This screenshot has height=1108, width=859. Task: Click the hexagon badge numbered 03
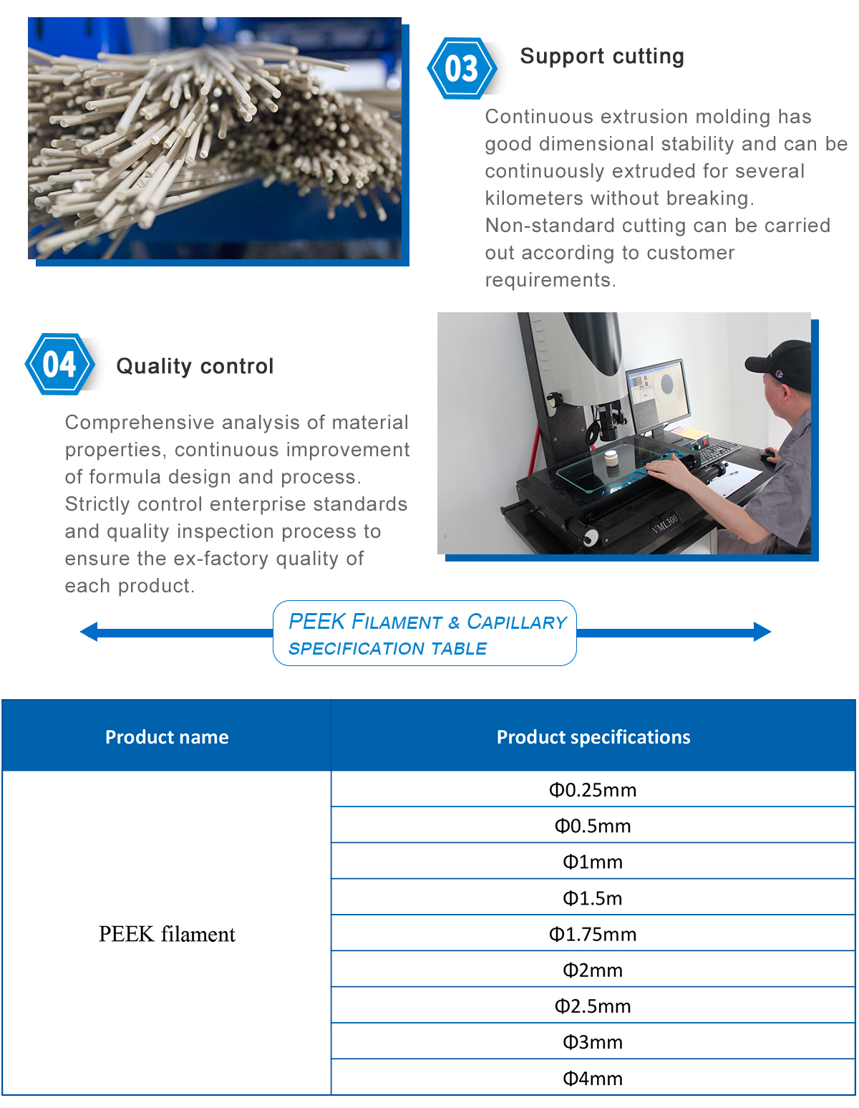click(462, 69)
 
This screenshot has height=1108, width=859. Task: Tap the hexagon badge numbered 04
click(59, 364)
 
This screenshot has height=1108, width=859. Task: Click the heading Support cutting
click(602, 57)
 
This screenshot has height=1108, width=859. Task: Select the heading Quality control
click(195, 366)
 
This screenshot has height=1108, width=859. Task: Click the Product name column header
click(167, 737)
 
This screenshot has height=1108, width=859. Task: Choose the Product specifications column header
click(593, 737)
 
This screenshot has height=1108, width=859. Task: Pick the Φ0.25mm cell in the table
click(593, 790)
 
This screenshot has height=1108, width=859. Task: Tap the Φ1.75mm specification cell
click(593, 934)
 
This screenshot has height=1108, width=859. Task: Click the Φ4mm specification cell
click(593, 1078)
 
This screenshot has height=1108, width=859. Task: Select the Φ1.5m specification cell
click(593, 898)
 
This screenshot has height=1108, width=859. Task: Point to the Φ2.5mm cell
click(593, 1006)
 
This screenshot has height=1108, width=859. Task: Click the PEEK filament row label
click(167, 934)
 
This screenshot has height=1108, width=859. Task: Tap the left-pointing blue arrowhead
click(89, 632)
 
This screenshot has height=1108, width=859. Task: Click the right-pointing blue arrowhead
click(762, 632)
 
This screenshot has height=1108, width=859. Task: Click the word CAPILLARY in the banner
click(517, 622)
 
